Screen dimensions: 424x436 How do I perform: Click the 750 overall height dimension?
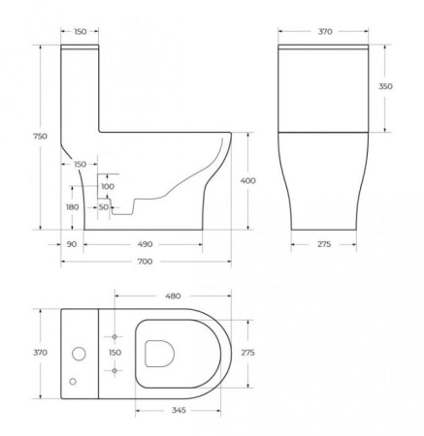pos(40,137)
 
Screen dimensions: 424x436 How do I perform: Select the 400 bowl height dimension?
pos(247,180)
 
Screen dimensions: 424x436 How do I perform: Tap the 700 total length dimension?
pos(145,262)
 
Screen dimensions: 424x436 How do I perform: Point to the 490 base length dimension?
pos(145,244)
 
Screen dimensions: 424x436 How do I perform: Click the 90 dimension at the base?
pos(72,244)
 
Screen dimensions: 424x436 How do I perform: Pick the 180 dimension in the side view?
pos(72,207)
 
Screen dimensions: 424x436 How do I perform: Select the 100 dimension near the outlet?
pos(108,186)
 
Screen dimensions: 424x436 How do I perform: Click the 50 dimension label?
pos(104,207)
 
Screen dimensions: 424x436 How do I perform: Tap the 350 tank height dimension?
pos(385,86)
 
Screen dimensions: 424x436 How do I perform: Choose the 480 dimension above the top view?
pos(173,296)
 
